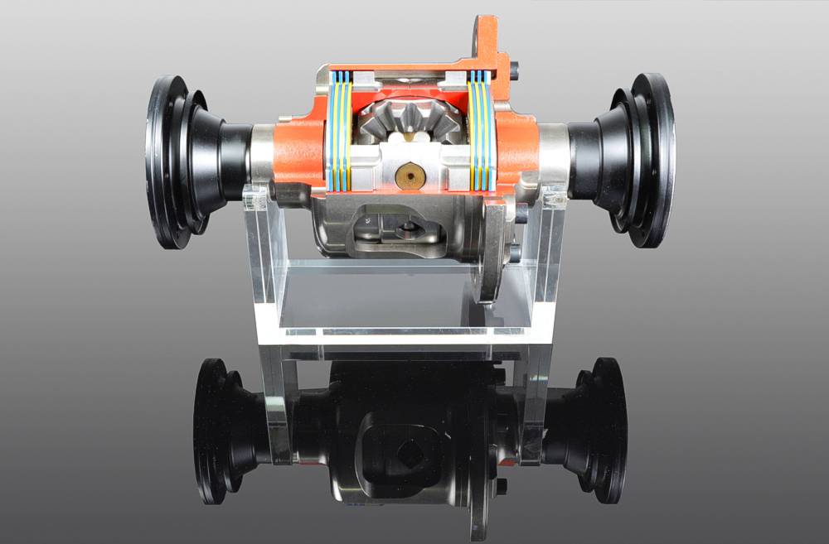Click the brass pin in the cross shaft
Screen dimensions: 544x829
coord(409,175)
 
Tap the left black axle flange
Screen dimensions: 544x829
coord(174,161)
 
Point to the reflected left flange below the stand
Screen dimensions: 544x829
coord(220,431)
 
